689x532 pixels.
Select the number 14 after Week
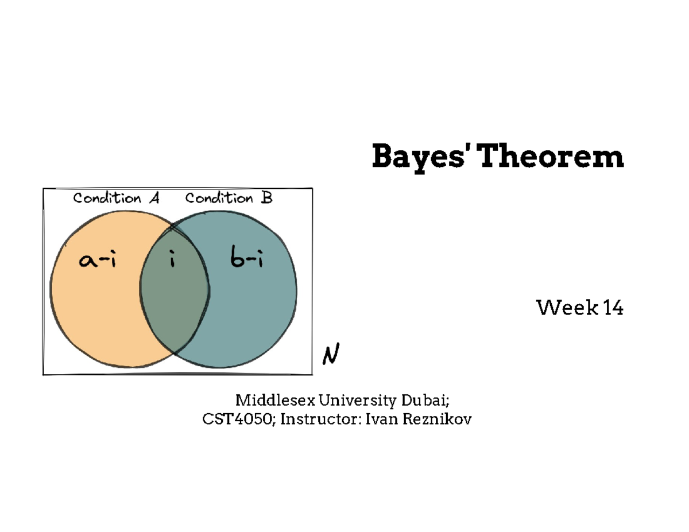612,309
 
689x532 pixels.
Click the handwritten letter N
330,355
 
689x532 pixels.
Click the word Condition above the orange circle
107,199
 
